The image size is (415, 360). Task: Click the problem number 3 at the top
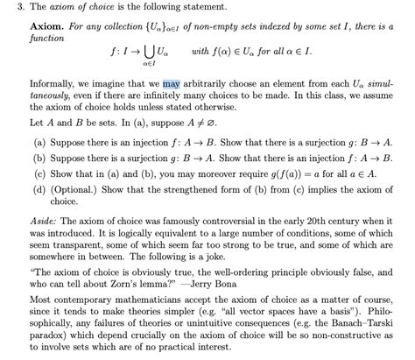click(x=8, y=8)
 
